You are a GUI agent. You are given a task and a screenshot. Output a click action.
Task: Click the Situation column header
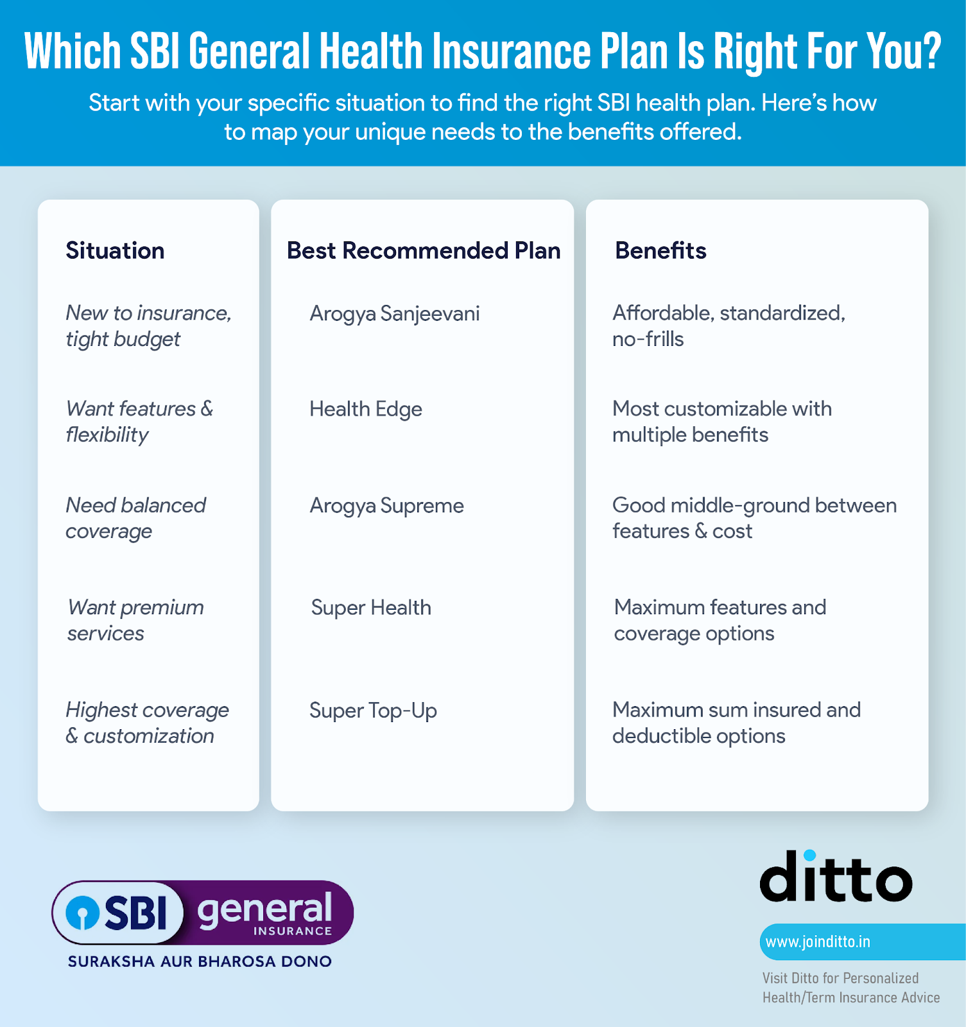(115, 250)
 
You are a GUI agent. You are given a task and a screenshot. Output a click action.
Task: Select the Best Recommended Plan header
(424, 250)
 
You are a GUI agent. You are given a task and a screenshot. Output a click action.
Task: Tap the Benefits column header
(660, 250)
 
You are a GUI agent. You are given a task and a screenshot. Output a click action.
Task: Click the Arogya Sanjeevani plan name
(395, 313)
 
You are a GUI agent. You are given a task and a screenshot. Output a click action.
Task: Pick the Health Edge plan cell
(366, 409)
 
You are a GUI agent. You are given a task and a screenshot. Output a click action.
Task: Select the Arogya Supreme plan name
(386, 506)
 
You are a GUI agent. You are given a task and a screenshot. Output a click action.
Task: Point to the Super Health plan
(371, 607)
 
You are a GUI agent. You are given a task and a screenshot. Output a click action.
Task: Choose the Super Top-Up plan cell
(373, 711)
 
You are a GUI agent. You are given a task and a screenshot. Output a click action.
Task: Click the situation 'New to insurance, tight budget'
(148, 325)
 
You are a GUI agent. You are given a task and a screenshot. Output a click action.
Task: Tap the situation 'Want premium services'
(135, 620)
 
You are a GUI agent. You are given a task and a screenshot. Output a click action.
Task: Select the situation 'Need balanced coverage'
(135, 518)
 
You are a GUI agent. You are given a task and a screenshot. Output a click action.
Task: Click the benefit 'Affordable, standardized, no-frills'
(729, 325)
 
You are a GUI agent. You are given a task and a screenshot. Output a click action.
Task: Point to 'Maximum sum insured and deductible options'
(736, 723)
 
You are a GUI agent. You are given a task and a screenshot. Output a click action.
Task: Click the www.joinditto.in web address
(818, 942)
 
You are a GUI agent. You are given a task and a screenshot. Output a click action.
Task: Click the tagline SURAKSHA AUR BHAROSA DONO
(200, 962)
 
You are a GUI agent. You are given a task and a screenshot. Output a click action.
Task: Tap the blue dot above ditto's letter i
(809, 856)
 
